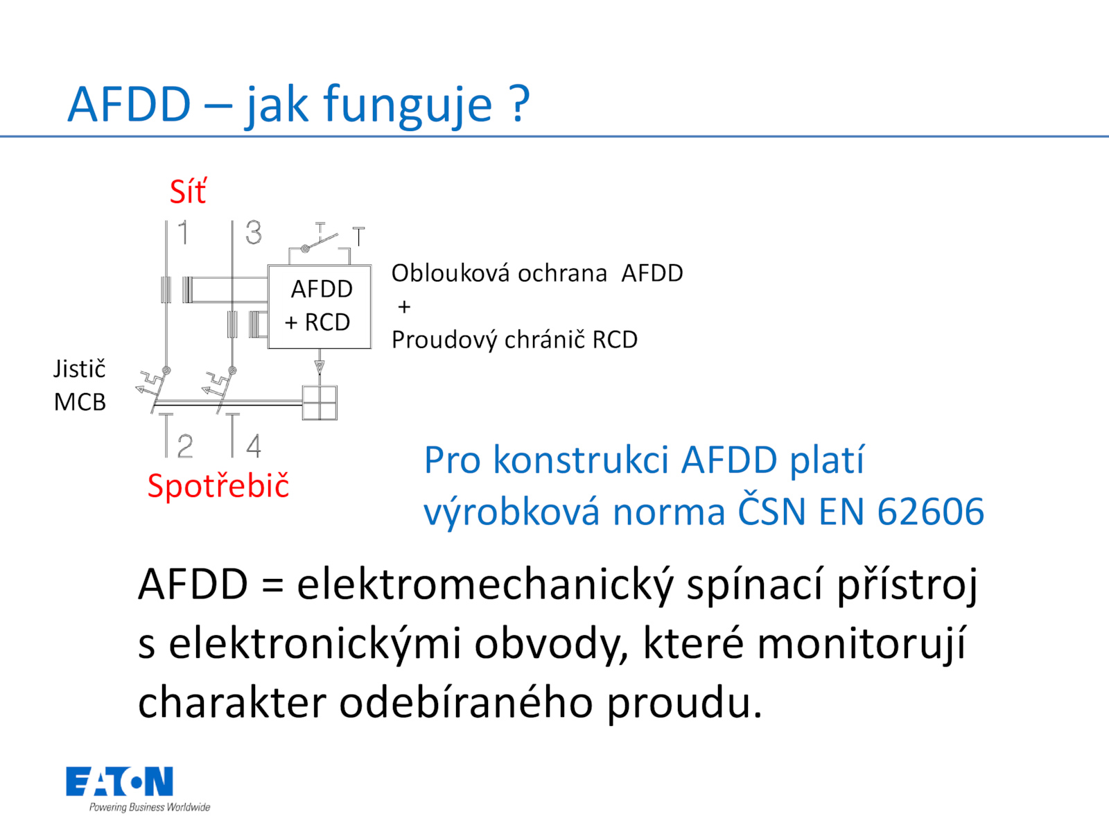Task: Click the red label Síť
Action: point(188,191)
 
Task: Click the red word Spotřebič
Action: point(218,486)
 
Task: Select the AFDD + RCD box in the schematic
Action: point(320,306)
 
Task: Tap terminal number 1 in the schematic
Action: point(184,232)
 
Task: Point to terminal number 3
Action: point(253,232)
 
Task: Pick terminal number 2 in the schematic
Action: point(185,446)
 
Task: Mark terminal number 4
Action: point(254,446)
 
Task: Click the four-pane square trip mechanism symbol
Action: point(320,403)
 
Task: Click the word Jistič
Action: point(80,369)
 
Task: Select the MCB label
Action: point(80,402)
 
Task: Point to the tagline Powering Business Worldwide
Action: point(150,807)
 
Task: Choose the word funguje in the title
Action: point(408,106)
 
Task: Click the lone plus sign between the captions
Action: point(404,306)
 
